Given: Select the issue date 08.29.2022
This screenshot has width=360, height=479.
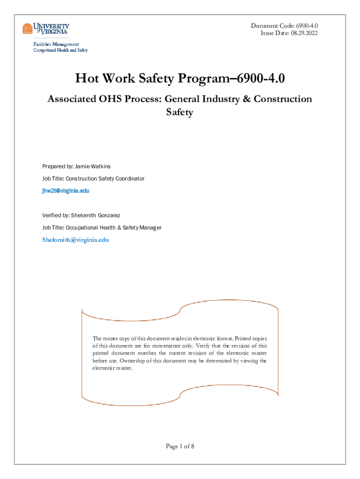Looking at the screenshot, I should (304, 33).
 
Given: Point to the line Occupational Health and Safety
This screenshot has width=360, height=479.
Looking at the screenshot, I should (60, 50).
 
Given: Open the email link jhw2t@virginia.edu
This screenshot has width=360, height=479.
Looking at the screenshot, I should (65, 191).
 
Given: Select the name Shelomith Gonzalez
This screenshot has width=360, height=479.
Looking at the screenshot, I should (95, 215).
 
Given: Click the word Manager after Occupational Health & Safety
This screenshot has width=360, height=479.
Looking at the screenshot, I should (150, 227).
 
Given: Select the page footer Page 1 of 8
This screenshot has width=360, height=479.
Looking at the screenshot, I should (180, 446).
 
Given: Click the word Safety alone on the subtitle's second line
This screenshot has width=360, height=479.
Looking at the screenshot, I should (180, 113).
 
